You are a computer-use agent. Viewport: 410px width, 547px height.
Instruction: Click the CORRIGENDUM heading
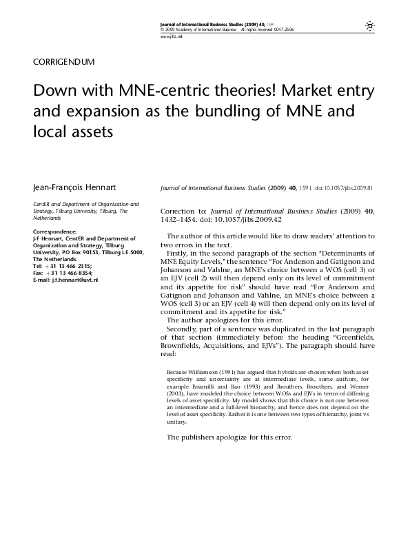point(63,61)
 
